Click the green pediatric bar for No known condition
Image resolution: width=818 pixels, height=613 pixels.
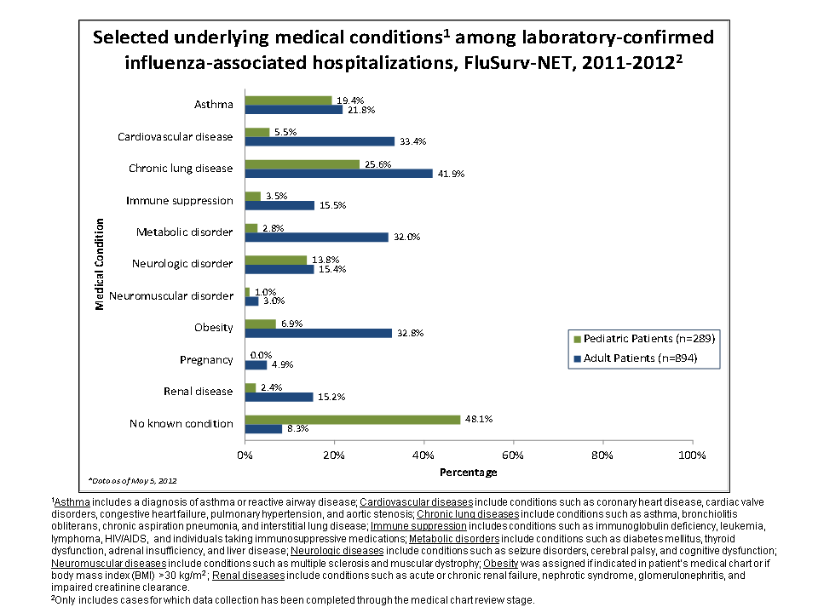352,419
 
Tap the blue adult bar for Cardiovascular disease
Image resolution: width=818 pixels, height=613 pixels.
319,141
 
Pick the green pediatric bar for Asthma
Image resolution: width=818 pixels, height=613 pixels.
288,100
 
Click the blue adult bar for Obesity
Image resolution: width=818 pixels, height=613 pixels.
318,333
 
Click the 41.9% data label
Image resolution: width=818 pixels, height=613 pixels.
448,174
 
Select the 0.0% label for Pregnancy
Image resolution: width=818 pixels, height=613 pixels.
261,355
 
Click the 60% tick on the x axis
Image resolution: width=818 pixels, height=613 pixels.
513,455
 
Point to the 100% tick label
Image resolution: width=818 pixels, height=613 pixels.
692,455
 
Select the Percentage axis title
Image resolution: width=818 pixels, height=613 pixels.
468,472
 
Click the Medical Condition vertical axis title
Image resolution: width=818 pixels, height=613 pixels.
100,265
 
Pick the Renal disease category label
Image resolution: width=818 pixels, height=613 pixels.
199,391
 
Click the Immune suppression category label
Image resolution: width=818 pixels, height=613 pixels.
179,200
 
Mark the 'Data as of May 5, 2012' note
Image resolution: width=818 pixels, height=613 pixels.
132,480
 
